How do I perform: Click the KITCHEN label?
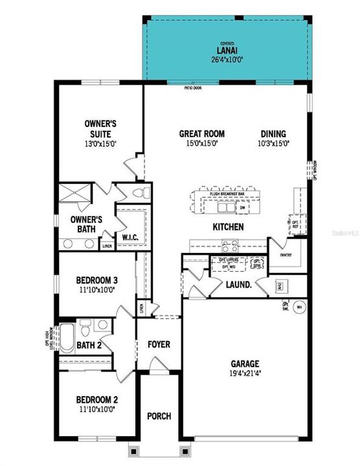pos(228,227)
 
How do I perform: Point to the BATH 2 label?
pos(88,346)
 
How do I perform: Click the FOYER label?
pos(159,344)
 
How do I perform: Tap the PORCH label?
pos(159,416)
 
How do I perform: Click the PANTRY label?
pos(286,255)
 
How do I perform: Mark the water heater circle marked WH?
pos(299,307)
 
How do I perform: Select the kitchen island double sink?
pos(227,208)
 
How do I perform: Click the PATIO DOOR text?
pos(192,87)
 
